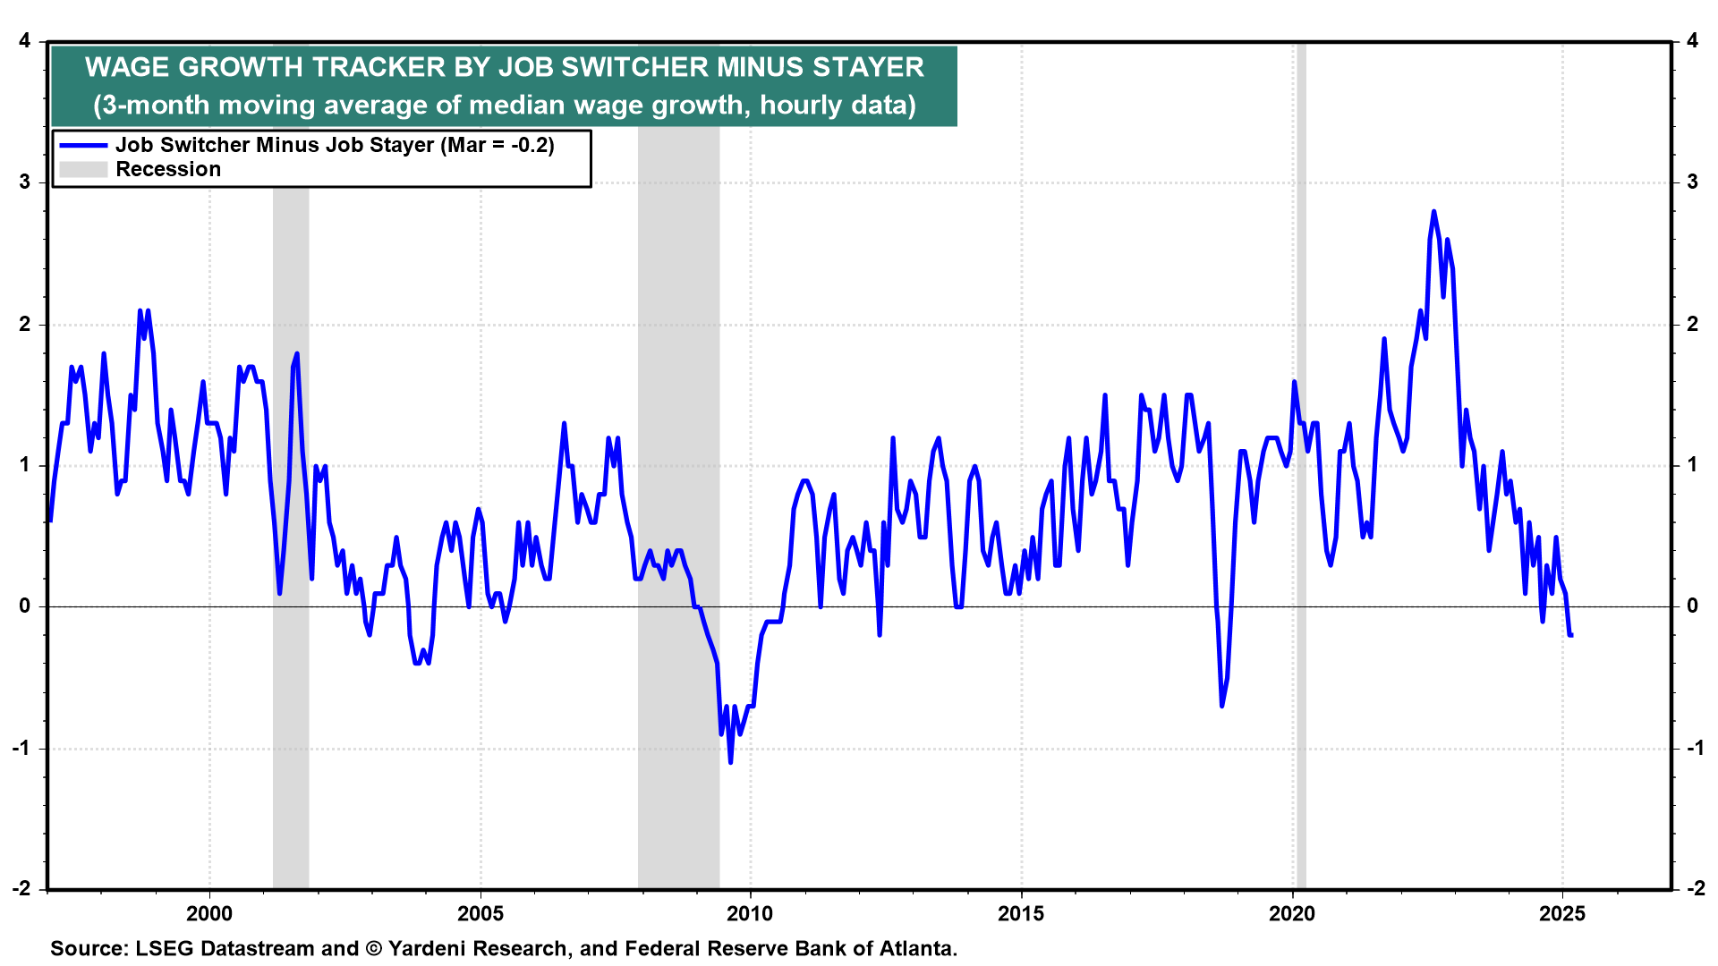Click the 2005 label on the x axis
point(481,913)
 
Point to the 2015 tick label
point(1021,913)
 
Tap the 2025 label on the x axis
point(1562,913)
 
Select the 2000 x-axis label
point(209,913)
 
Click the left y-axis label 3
point(25,182)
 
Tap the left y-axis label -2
point(21,888)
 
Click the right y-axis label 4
point(1692,41)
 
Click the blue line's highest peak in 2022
point(1433,212)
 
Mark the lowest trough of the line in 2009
point(730,762)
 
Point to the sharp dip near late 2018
point(1222,706)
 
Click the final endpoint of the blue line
point(1572,635)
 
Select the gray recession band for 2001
point(291,537)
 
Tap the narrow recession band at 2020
point(1301,537)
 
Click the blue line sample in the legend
point(83,146)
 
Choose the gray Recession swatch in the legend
point(83,170)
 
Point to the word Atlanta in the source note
point(919,949)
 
